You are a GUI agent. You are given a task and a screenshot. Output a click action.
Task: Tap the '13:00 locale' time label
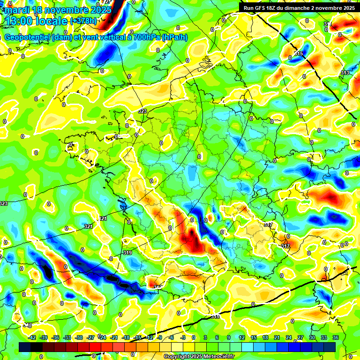pyautogui.click(x=37, y=21)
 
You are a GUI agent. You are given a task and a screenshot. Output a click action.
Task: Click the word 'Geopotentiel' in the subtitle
pyautogui.click(x=26, y=37)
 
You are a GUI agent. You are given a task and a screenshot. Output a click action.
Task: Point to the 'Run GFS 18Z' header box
pyautogui.click(x=299, y=8)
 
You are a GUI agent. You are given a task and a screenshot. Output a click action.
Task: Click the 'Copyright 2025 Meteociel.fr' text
pyautogui.click(x=199, y=356)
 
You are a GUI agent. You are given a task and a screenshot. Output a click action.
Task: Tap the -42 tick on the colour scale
pyautogui.click(x=32, y=337)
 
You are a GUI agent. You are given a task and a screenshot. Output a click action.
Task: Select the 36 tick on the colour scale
pyautogui.click(x=335, y=337)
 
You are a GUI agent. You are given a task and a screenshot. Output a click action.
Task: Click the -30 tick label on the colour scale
pyautogui.click(x=79, y=337)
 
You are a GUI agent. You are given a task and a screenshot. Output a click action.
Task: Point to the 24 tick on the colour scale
pyautogui.click(x=288, y=337)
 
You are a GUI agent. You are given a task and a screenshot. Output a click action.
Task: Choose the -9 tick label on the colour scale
pyautogui.click(x=160, y=337)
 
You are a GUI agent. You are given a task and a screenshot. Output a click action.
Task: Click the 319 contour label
pyautogui.click(x=127, y=253)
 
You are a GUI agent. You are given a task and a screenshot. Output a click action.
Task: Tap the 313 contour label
pyautogui.click(x=345, y=73)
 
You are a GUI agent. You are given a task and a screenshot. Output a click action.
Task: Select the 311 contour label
pyautogui.click(x=328, y=24)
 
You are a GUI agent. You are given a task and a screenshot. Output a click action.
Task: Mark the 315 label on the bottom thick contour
pyautogui.click(x=215, y=317)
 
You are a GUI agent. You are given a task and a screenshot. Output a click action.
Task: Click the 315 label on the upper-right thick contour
pyautogui.click(x=299, y=54)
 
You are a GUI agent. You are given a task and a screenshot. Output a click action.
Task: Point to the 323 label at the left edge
pyautogui.click(x=4, y=203)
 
